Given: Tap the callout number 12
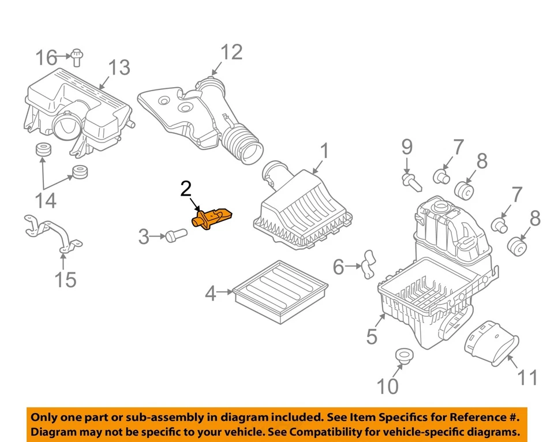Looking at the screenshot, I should [230, 53].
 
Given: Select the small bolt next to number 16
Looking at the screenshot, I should [76, 56].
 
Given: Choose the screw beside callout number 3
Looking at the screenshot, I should [174, 235].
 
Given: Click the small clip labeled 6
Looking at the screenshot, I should [366, 265].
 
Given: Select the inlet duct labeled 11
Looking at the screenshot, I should [490, 343].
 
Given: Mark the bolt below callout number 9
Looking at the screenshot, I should [411, 182].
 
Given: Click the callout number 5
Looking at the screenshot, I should [372, 336].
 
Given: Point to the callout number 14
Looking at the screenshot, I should [46, 200].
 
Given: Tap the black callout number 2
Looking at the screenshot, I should [186, 189].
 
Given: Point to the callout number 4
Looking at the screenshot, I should [211, 294].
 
